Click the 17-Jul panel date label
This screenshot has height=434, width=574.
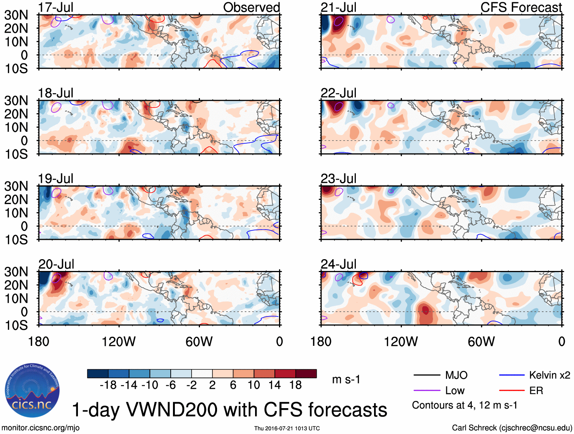(x=55, y=7)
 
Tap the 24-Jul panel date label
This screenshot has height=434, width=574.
(x=338, y=264)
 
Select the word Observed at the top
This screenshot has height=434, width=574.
(x=251, y=7)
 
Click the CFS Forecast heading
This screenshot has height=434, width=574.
(x=521, y=7)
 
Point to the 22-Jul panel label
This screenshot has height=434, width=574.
(x=338, y=93)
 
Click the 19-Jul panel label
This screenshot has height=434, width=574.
(x=55, y=178)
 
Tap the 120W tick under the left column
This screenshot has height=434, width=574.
(x=119, y=342)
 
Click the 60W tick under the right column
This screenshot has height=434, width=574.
(x=481, y=342)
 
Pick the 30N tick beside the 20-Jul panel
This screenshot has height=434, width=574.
(x=16, y=272)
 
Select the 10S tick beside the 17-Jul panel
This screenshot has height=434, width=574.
(x=16, y=68)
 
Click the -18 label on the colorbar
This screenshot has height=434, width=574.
(x=108, y=385)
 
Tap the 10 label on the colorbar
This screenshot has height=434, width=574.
(x=254, y=385)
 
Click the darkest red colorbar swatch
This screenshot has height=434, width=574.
(x=306, y=374)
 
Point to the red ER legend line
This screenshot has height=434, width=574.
(x=512, y=390)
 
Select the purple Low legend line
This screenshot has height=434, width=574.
(x=427, y=390)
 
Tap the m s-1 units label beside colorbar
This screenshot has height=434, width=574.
(x=346, y=379)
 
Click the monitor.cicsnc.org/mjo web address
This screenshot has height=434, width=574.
(x=41, y=428)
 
